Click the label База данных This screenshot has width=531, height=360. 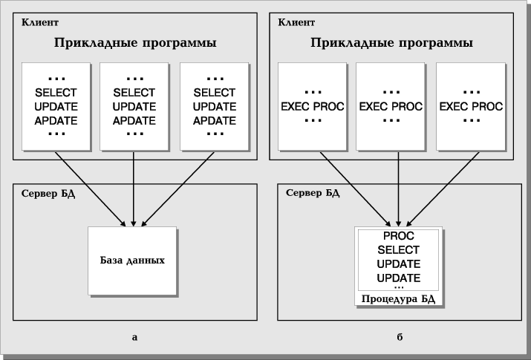click(x=132, y=261)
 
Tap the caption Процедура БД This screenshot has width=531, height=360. click(x=398, y=299)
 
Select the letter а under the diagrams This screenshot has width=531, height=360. click(x=134, y=337)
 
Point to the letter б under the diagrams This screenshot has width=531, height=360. click(x=400, y=337)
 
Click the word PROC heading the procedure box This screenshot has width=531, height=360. click(x=399, y=236)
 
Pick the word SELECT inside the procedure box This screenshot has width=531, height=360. click(x=399, y=249)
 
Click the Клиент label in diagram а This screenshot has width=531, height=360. click(x=40, y=22)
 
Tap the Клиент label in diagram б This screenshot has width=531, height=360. click(x=296, y=22)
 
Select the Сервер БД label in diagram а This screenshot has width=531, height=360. click(x=48, y=194)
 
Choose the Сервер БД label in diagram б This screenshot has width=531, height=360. click(x=313, y=193)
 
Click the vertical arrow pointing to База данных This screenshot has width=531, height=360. click(x=134, y=189)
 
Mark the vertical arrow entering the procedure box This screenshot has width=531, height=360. click(x=399, y=189)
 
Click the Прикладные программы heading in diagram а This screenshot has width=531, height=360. click(x=135, y=43)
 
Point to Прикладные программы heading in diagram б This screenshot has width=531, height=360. click(x=391, y=43)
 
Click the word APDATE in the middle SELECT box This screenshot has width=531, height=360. click(x=134, y=121)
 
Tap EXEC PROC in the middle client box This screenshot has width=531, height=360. click(x=391, y=107)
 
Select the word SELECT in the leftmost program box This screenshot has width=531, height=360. click(x=56, y=92)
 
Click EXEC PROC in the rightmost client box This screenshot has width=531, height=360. click(x=471, y=107)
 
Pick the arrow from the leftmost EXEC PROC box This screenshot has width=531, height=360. click(x=355, y=189)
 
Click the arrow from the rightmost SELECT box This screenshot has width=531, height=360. click(x=177, y=189)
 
